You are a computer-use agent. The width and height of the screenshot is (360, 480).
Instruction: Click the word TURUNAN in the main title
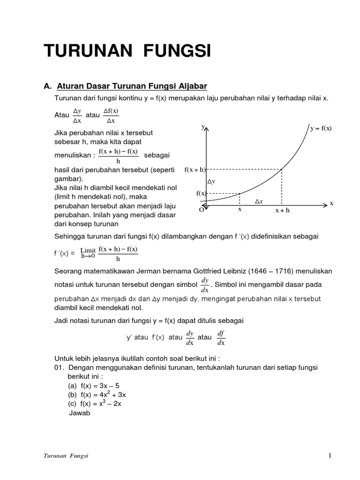[x=85, y=51]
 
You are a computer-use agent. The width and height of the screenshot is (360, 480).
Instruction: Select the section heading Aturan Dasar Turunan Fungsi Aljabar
[x=132, y=86]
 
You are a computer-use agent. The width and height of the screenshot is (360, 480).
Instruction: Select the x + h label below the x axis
[x=282, y=210]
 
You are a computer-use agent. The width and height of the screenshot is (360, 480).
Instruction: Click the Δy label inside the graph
[x=211, y=181]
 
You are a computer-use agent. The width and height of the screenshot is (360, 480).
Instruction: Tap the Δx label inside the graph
[x=259, y=201]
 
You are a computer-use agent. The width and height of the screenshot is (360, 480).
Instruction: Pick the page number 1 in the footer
[x=330, y=455]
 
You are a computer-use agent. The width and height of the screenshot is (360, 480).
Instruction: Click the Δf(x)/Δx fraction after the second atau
[x=108, y=115]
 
